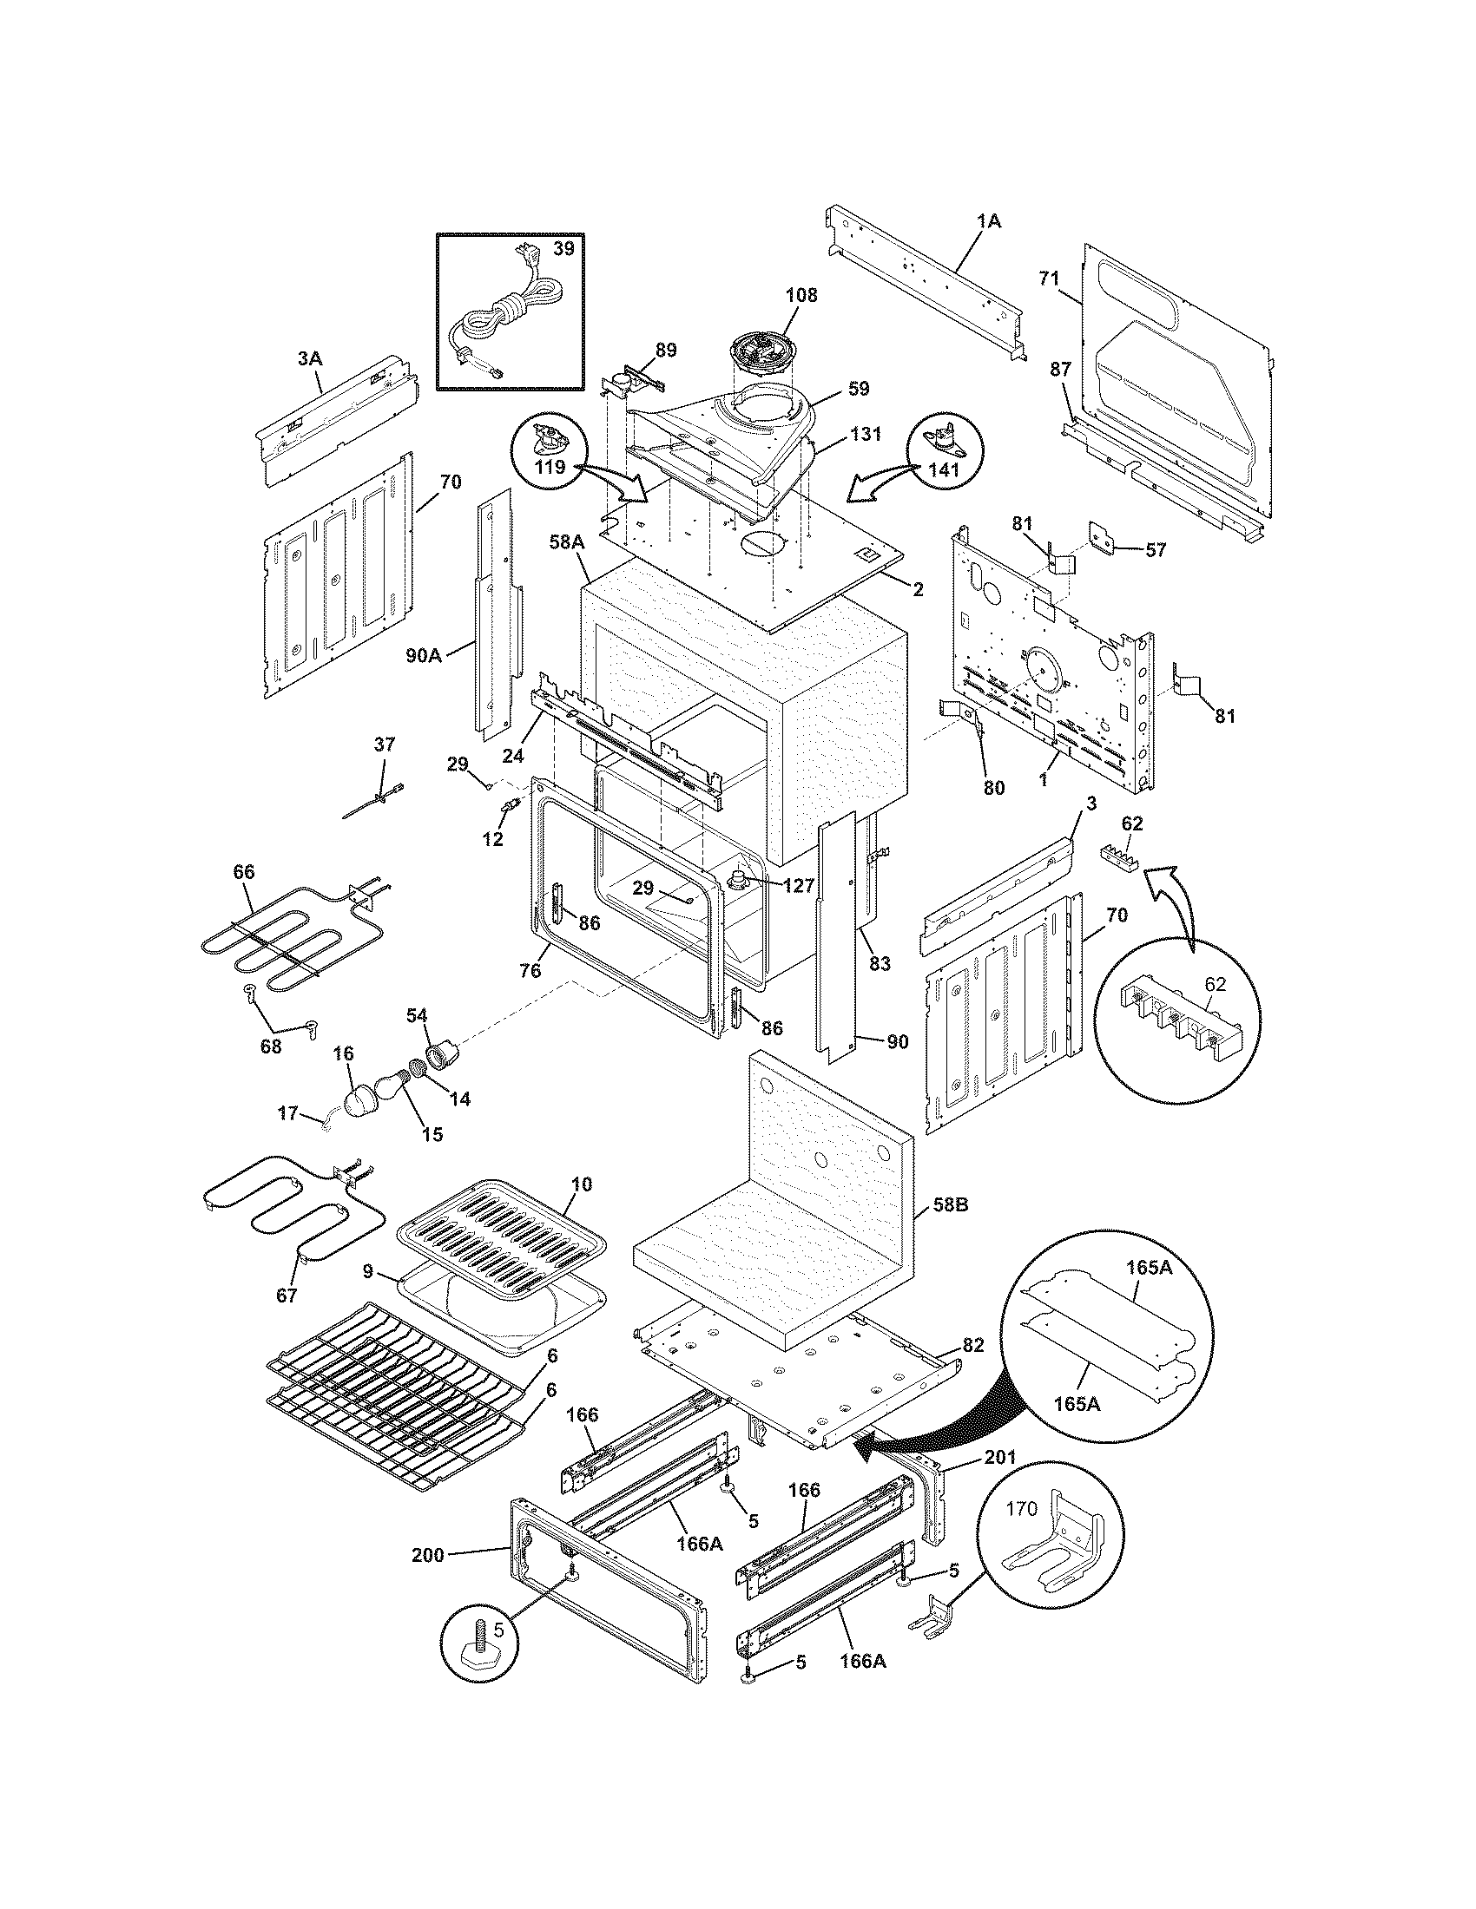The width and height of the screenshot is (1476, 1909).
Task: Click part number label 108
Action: point(801,295)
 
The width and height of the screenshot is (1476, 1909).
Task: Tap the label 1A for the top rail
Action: point(988,222)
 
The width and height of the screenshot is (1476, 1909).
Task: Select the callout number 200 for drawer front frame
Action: point(427,1555)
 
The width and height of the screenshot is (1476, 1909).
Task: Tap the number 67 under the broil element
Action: point(286,1296)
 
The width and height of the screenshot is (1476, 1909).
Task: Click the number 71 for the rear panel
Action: point(1049,279)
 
